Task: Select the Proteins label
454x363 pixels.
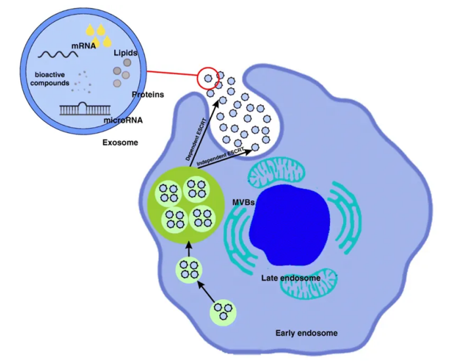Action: point(148,95)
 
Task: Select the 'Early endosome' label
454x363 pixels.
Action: point(306,333)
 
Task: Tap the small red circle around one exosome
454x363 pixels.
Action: point(207,78)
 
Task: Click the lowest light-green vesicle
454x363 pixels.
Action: point(224,312)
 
